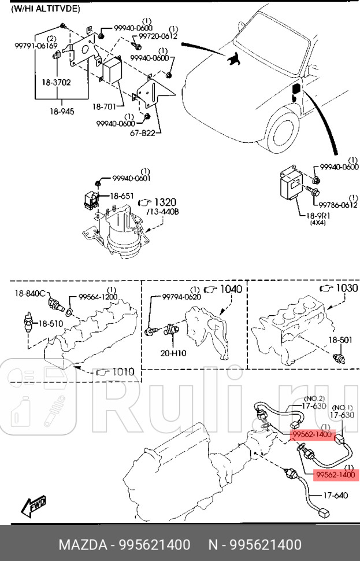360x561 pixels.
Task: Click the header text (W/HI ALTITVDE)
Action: pos(46,9)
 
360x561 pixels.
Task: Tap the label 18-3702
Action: pos(56,83)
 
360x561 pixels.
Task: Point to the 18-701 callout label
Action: pos(105,107)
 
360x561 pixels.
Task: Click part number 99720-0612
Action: pos(154,36)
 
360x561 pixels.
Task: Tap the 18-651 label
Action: pos(122,196)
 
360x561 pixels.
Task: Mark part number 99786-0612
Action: pos(337,205)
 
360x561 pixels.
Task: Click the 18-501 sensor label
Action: pos(340,340)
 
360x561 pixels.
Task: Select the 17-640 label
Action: pos(335,495)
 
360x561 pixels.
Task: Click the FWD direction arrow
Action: pos(34,506)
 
